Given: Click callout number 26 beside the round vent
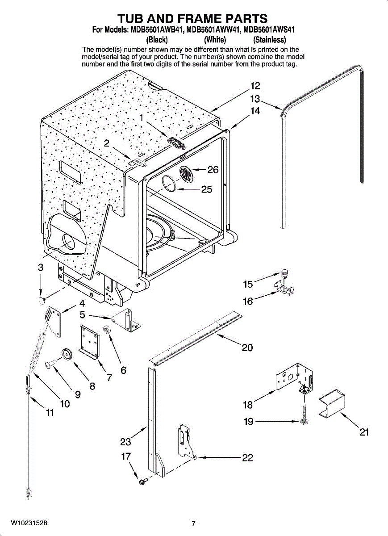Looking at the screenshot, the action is coord(213,170).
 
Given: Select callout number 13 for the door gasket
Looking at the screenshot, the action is coord(255,99).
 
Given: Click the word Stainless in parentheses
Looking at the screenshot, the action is coord(270,39).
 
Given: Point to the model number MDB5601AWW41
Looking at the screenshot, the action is coord(214,29).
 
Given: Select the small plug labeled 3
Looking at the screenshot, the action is coord(42,300).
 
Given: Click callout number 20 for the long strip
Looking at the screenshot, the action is coord(247,348).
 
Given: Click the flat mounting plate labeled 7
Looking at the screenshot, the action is coord(89,342).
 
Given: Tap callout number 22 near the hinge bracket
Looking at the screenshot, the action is coord(247,458).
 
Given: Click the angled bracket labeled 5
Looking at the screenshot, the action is coord(126,319).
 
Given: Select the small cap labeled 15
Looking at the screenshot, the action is coord(284,272).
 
